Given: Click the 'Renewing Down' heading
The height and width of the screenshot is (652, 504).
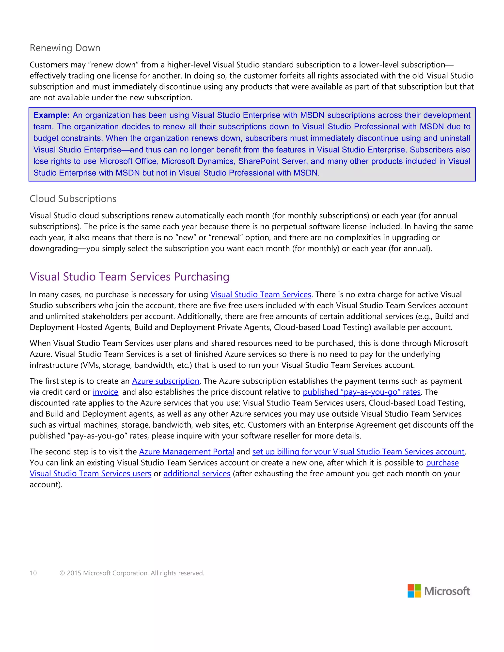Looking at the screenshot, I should (x=65, y=48).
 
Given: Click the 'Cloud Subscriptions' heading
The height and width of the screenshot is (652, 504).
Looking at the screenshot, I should (x=73, y=199).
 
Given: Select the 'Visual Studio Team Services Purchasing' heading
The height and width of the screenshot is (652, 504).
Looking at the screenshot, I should (x=129, y=277).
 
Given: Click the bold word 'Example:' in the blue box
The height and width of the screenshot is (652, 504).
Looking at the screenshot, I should (x=51, y=115).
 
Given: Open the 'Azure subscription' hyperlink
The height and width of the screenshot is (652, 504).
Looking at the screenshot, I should (x=166, y=381).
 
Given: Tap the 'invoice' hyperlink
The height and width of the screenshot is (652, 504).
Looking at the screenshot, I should (x=105, y=392).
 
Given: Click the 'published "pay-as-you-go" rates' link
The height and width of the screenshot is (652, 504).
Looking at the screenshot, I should (x=361, y=392).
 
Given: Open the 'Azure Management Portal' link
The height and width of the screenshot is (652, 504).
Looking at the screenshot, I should (x=186, y=452).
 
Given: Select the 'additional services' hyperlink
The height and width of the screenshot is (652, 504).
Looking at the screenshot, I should (x=197, y=474).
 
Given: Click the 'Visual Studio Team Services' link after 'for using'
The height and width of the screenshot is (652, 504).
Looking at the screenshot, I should (x=261, y=295).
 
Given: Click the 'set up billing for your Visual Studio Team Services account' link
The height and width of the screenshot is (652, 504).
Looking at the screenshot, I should (x=358, y=452).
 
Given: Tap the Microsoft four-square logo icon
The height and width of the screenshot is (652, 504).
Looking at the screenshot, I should (x=414, y=591).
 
